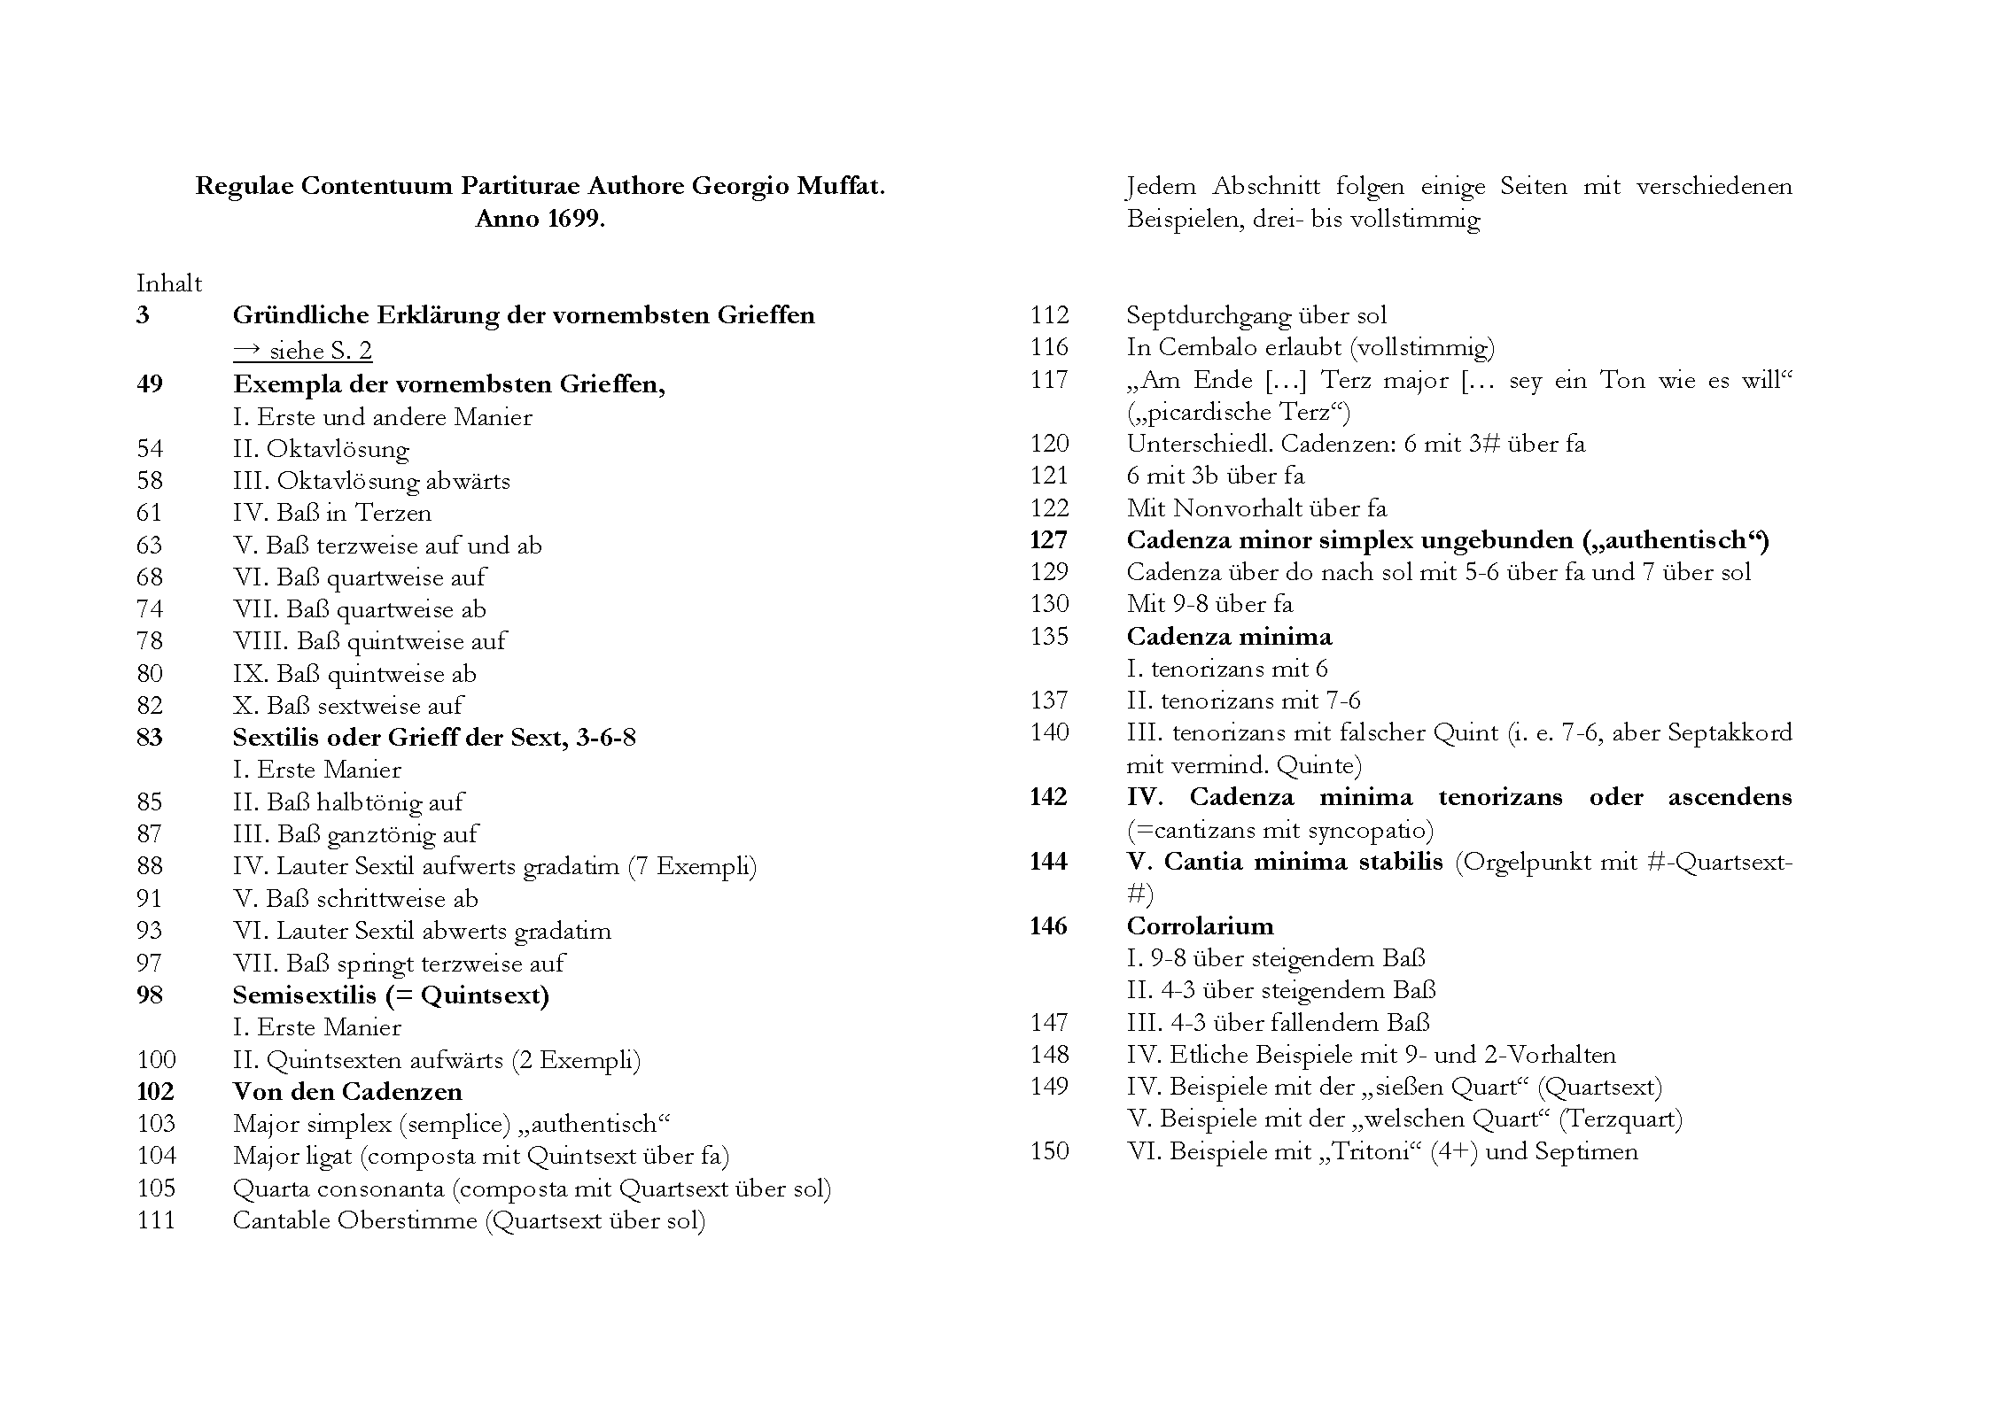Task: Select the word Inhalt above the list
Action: point(169,283)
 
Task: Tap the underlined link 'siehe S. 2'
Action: point(302,351)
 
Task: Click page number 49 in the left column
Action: point(150,384)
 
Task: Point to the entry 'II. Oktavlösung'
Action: point(321,449)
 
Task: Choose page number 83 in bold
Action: point(150,738)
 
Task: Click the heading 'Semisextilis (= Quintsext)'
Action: point(391,995)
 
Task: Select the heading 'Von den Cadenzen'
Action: point(347,1092)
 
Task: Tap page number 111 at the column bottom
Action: point(156,1220)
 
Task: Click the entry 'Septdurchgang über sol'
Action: point(1256,315)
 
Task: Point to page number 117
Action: point(1049,380)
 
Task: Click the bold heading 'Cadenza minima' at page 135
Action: point(1229,637)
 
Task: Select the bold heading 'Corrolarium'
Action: point(1200,926)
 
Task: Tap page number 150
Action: point(1049,1151)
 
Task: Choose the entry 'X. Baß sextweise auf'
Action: point(347,706)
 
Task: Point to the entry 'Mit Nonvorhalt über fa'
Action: point(1256,508)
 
